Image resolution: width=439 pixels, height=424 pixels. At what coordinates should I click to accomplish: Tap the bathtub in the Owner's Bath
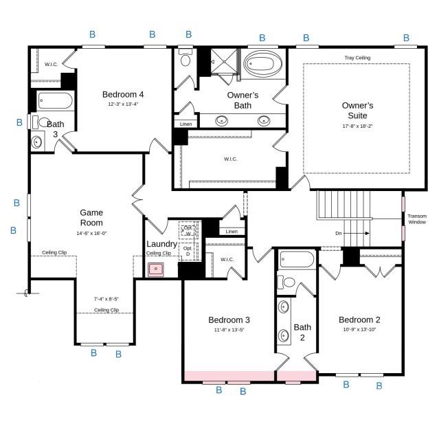click(x=261, y=66)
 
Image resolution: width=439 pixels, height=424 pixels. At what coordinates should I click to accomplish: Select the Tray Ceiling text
click(x=357, y=58)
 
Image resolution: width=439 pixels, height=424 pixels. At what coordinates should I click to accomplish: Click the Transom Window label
click(x=417, y=219)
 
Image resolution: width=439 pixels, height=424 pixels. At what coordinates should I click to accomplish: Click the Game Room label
click(x=91, y=218)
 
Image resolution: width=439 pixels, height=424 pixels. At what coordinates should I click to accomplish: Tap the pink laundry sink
click(x=157, y=269)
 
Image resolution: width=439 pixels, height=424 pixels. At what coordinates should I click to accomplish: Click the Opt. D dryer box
click(x=188, y=251)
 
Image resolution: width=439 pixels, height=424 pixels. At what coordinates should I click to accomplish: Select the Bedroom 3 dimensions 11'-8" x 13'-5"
click(x=228, y=330)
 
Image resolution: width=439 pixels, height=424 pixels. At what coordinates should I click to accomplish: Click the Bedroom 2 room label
click(x=359, y=320)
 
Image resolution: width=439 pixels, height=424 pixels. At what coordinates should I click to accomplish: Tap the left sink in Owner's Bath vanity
click(x=222, y=121)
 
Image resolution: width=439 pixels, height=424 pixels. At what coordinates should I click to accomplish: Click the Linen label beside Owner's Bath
click(x=185, y=124)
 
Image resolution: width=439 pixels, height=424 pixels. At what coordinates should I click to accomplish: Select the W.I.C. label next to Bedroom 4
click(x=52, y=64)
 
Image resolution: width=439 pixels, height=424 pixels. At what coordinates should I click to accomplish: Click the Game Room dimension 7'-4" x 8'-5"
click(x=106, y=299)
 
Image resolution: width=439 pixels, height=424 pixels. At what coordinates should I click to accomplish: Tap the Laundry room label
click(x=161, y=244)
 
